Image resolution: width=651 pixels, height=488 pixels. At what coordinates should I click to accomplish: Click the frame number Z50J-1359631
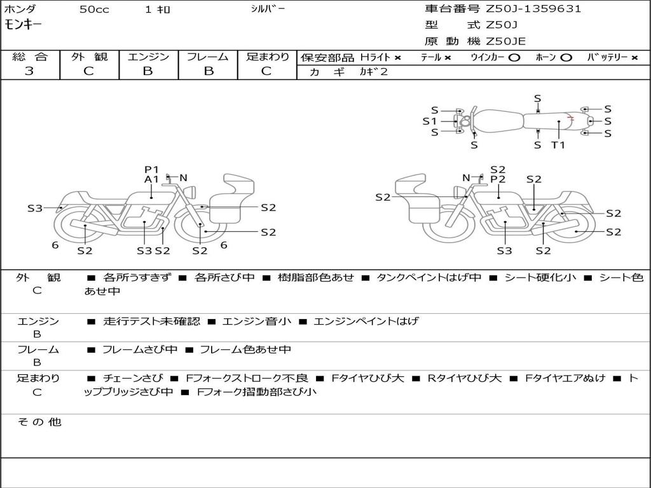533,9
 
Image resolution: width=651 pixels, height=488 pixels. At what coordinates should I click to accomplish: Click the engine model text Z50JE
506,42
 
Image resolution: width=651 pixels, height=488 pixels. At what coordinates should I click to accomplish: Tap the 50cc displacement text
93,10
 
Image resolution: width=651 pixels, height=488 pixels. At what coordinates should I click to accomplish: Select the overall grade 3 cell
29,71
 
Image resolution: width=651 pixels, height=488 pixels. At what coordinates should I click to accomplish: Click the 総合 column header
29,57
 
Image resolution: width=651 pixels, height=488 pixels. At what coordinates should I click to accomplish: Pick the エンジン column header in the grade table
148,57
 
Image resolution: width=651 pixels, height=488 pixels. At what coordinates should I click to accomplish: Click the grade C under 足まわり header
266,71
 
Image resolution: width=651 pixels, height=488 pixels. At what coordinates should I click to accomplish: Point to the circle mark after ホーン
566,57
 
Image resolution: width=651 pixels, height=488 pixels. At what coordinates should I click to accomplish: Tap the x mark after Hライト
398,57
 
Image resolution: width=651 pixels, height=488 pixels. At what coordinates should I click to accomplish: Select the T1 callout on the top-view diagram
558,145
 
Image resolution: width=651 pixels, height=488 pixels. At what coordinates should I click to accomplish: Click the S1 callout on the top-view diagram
430,121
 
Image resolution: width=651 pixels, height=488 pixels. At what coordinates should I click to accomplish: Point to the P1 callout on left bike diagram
151,169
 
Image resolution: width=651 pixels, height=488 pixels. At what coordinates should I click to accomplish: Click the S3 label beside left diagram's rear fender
35,208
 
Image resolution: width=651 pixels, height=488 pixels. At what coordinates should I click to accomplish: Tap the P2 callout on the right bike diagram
498,179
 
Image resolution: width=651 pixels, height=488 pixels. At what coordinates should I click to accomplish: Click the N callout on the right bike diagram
466,178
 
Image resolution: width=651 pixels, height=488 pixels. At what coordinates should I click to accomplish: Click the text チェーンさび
133,378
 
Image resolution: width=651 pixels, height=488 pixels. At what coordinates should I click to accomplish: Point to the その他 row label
39,422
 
